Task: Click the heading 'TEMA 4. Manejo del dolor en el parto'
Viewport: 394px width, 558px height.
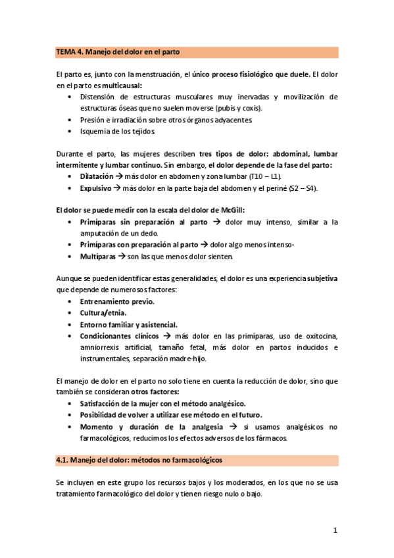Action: pyautogui.click(x=118, y=52)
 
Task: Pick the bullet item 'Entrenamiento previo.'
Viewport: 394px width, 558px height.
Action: pyautogui.click(x=117, y=301)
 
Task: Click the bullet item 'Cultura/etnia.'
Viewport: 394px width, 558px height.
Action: pyautogui.click(x=103, y=313)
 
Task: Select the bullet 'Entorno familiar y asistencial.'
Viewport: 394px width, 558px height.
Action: pyautogui.click(x=128, y=324)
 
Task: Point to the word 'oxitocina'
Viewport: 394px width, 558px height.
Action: pyautogui.click(x=319, y=336)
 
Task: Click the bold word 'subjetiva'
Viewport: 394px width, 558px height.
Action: pyautogui.click(x=322, y=278)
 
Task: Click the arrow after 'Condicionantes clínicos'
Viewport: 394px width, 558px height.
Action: pyautogui.click(x=168, y=336)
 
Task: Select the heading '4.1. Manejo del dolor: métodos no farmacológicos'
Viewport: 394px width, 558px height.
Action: pyautogui.click(x=139, y=461)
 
